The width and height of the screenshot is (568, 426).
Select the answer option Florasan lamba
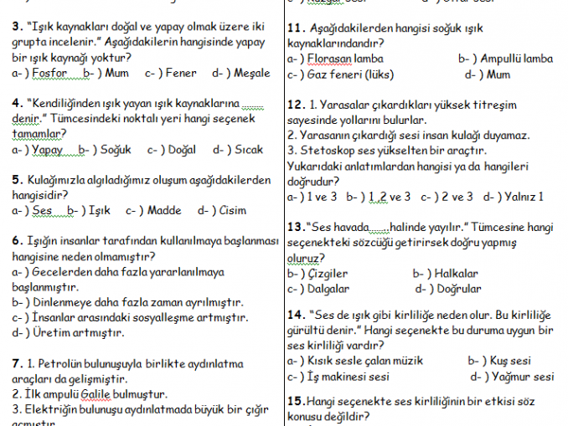347,59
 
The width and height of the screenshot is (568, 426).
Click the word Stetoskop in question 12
327,150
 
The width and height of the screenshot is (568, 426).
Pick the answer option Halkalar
457,273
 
